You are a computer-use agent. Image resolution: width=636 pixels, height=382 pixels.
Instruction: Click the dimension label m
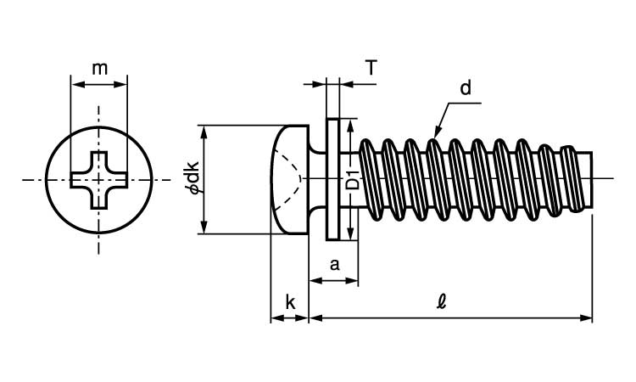(x=99, y=69)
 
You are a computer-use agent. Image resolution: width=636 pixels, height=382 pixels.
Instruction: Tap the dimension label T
(x=371, y=67)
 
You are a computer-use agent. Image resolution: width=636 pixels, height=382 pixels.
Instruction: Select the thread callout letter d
(x=466, y=87)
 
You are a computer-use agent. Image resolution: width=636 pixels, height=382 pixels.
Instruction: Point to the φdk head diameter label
(x=193, y=177)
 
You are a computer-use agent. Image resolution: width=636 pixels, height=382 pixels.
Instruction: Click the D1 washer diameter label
(x=354, y=181)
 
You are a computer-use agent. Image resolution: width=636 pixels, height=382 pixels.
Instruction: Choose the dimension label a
(x=334, y=265)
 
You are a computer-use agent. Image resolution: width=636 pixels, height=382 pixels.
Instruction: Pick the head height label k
(x=290, y=302)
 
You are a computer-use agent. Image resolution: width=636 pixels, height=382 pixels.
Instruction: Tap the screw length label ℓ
(x=442, y=302)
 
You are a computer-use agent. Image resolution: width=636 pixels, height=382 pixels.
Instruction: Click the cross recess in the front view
(x=98, y=180)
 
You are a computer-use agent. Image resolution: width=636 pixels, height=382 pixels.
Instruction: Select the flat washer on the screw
(x=332, y=179)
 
